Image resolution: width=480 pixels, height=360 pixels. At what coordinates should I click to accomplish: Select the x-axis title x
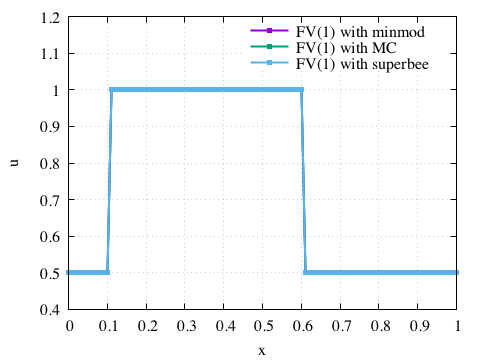[262, 349]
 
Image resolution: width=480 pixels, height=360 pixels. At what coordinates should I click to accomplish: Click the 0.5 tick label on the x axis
[263, 326]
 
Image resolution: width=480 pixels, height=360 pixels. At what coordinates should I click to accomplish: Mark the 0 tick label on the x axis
[69, 326]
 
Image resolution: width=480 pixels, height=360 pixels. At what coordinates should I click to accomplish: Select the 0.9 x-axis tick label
[418, 326]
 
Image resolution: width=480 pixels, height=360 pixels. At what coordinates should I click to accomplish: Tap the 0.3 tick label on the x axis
[185, 326]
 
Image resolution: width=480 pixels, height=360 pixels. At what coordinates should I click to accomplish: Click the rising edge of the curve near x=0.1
[109, 180]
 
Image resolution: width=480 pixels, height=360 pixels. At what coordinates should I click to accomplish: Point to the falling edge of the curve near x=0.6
[303, 180]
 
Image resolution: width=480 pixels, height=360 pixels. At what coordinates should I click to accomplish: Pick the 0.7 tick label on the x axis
[340, 326]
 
